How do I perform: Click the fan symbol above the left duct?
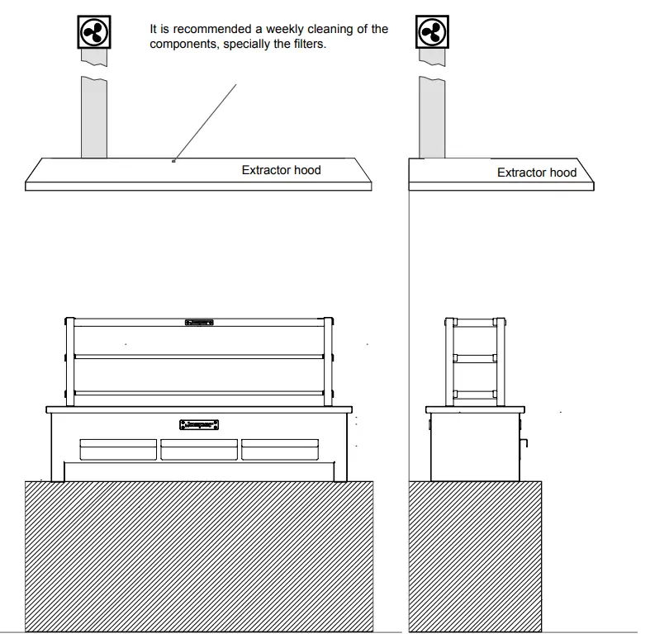(93, 31)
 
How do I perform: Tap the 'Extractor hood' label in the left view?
(281, 170)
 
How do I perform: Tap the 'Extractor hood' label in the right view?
(536, 173)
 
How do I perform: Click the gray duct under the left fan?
(93, 116)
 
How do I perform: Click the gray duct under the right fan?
(431, 116)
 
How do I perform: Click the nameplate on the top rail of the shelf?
(199, 322)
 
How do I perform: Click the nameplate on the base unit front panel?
(199, 425)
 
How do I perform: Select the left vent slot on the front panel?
(117, 449)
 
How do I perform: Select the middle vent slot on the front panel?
(199, 449)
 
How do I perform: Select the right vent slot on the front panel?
(280, 449)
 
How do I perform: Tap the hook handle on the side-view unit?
(522, 447)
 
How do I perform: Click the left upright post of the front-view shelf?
(69, 362)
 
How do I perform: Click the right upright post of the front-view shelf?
(329, 362)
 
